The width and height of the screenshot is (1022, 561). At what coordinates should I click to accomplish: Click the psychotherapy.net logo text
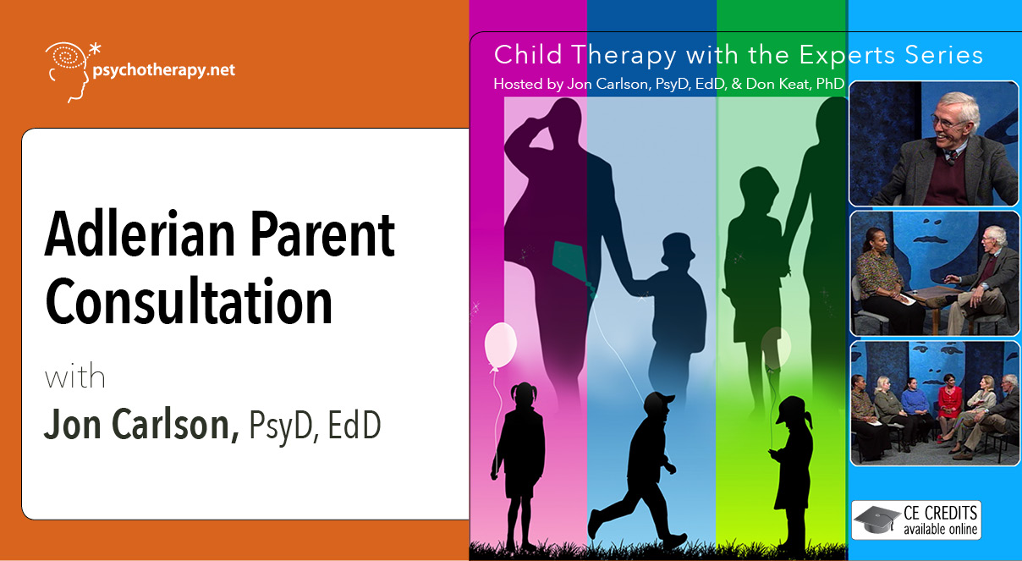coord(164,71)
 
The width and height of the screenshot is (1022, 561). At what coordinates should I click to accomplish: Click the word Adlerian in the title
coord(140,234)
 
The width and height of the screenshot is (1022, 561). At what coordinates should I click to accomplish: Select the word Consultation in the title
coord(189,301)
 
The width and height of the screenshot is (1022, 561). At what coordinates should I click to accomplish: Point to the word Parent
coord(322,235)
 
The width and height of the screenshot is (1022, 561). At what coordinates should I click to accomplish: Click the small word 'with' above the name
coord(74,377)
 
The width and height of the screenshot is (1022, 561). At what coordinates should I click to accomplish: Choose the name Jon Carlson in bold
coord(141,425)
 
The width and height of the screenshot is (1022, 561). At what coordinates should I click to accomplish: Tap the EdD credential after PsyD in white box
coord(354,425)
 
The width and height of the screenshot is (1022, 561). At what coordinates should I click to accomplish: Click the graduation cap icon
coord(876,520)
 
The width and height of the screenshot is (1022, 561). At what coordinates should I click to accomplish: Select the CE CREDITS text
coord(940,513)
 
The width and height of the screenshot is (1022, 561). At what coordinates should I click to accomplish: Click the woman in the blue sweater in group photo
coord(915,406)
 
